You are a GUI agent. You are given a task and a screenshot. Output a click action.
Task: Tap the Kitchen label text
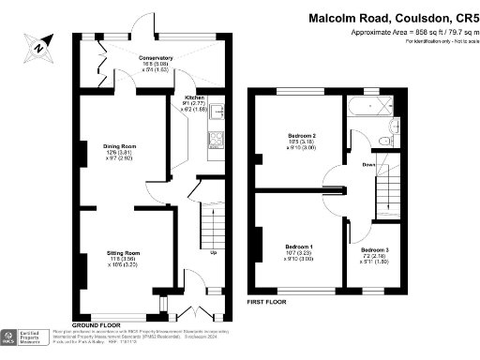(x=194, y=97)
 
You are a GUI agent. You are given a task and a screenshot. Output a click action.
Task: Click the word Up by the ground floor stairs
(x=214, y=254)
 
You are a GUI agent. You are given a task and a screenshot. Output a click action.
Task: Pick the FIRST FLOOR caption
(x=266, y=303)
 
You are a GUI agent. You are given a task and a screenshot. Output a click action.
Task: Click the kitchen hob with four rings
(x=214, y=142)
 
